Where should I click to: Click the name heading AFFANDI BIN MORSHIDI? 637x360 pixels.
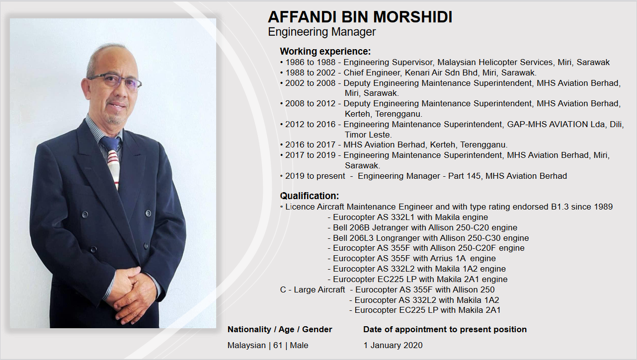360,17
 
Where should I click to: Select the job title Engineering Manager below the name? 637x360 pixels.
321,32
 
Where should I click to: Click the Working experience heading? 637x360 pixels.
325,52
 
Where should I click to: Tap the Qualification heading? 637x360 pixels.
310,196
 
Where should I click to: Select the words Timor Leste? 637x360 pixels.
368,135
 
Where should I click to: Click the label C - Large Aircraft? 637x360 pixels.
312,290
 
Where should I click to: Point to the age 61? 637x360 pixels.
278,345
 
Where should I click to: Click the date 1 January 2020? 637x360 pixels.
393,345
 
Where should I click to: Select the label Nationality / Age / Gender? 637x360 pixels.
280,330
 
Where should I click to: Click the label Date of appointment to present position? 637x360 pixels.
445,330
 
